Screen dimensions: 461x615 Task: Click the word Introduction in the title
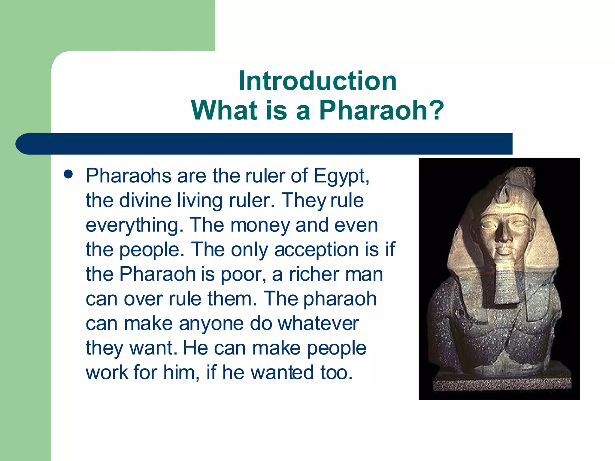click(x=317, y=81)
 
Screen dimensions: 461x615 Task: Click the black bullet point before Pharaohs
click(x=68, y=174)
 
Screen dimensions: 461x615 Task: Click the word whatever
click(x=318, y=324)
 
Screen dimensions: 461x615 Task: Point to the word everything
click(x=135, y=225)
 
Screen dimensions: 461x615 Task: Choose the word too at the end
click(x=335, y=372)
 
